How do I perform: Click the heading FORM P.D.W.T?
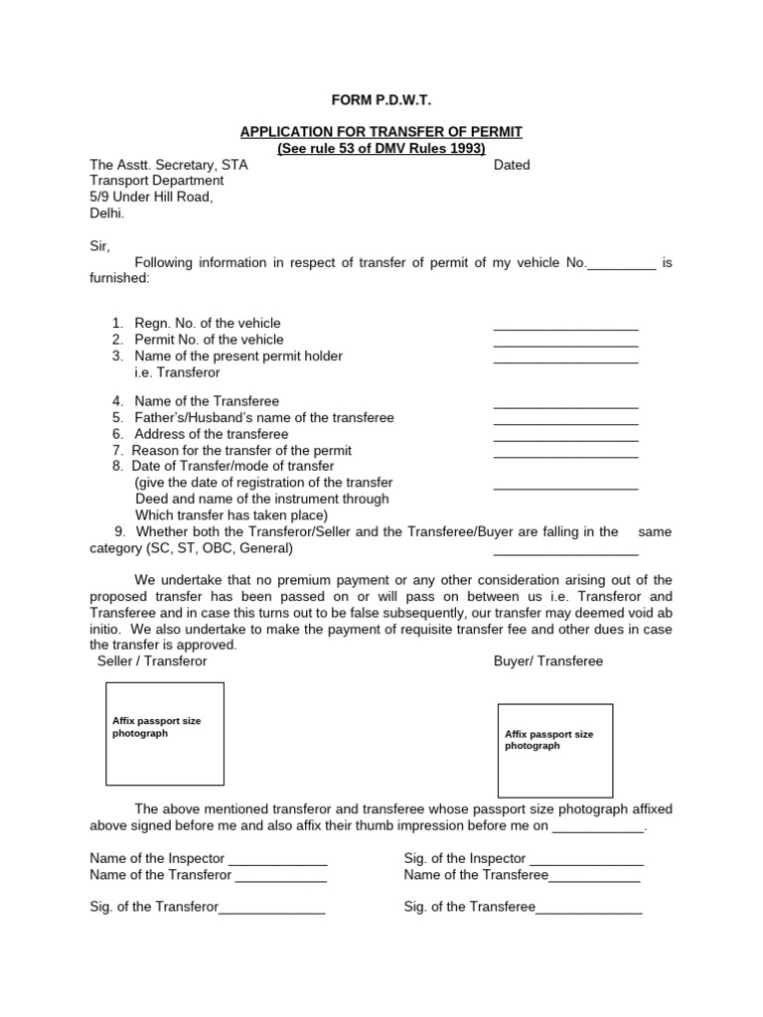pyautogui.click(x=381, y=101)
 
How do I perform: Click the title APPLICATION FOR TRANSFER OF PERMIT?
pyautogui.click(x=381, y=132)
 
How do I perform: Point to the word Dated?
pyautogui.click(x=512, y=165)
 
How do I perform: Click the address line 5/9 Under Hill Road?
pyautogui.click(x=151, y=197)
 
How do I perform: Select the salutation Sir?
pyautogui.click(x=100, y=245)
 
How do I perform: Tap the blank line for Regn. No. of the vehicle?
pyautogui.click(x=565, y=327)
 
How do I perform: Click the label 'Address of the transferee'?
pyautogui.click(x=211, y=434)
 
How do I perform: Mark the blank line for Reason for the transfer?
pyautogui.click(x=565, y=455)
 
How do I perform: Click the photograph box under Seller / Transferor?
pyautogui.click(x=165, y=733)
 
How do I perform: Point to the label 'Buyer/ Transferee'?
pyautogui.click(x=547, y=660)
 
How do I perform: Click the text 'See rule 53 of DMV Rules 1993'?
pyautogui.click(x=381, y=149)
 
